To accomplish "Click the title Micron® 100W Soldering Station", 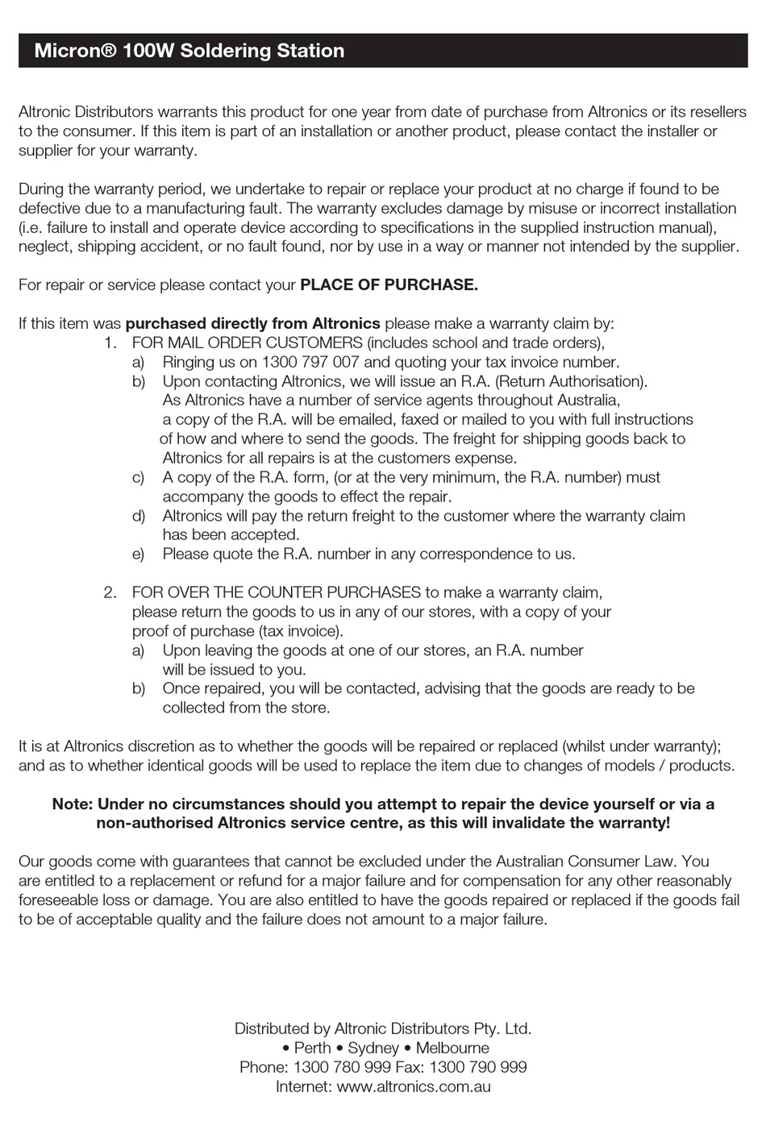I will coord(189,51).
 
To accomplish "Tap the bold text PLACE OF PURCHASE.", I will coord(389,285).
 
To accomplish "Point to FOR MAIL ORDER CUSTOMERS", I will coord(247,343).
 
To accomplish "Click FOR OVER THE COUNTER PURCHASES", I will coord(276,592).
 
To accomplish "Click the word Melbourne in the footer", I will coord(452,1048).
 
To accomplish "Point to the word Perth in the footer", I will coord(312,1048).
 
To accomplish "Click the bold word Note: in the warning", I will coord(72,804).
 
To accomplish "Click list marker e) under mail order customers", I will coord(138,554).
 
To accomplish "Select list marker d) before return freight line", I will coord(138,516).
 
